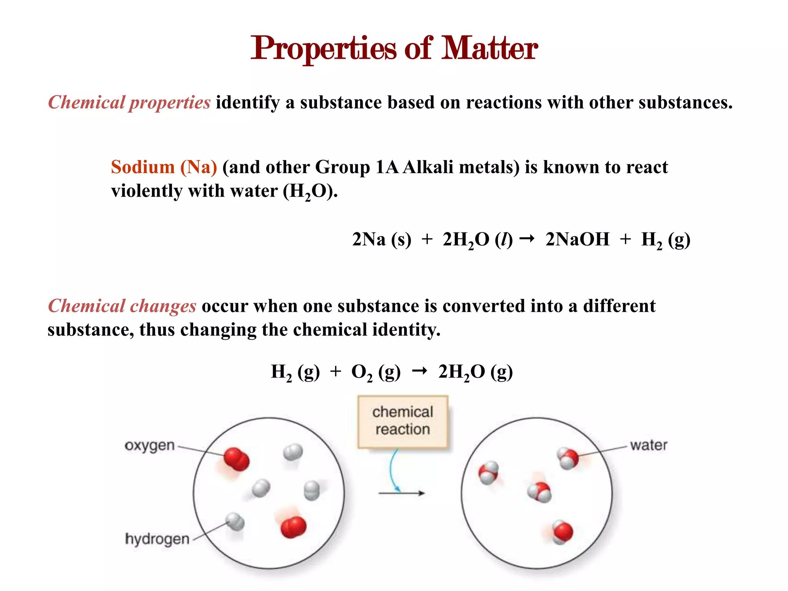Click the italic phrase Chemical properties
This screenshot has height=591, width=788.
click(129, 103)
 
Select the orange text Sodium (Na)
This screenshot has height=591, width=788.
click(164, 167)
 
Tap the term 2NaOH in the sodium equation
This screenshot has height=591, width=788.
click(577, 239)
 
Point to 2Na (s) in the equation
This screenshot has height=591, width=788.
click(381, 239)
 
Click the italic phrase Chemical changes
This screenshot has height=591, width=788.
click(122, 306)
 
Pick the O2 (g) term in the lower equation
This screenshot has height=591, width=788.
click(376, 372)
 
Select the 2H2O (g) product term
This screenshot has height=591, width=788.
click(475, 372)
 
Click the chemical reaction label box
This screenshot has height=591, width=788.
click(402, 422)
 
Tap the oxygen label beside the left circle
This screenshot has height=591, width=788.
click(149, 446)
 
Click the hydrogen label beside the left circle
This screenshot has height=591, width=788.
click(157, 539)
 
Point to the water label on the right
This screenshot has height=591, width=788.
click(648, 446)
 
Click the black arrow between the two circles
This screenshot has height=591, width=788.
click(401, 493)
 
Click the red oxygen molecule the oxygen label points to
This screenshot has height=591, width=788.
click(236, 459)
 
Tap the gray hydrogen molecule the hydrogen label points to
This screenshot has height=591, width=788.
click(235, 521)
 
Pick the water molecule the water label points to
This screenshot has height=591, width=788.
click(568, 458)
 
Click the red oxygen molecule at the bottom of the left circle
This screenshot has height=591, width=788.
click(293, 527)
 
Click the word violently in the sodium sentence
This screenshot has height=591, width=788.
click(147, 191)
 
